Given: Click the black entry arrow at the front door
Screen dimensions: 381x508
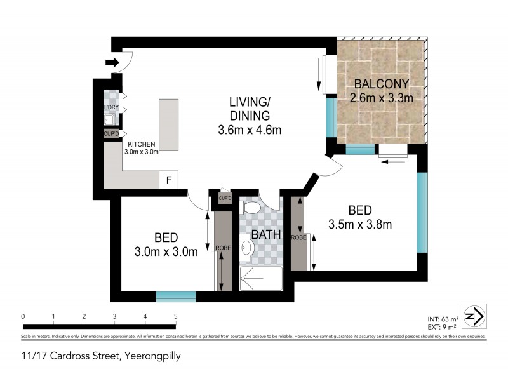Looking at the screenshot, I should tap(112, 62).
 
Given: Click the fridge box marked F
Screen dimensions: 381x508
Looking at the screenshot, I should tap(168, 180).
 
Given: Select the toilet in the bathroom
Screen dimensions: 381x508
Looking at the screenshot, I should tap(251, 209).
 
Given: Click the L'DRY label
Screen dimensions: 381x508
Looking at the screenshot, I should tap(110, 108).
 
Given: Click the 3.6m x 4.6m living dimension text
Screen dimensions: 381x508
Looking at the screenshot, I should tap(248, 130).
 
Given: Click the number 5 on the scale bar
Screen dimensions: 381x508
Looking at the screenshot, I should tap(175, 316).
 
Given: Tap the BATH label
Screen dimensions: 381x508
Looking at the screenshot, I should tap(267, 235).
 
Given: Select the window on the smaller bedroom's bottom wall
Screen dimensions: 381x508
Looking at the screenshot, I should tap(176, 295).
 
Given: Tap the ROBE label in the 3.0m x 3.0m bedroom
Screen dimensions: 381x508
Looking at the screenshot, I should tap(222, 248).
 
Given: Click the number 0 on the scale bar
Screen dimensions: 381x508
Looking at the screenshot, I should tap(22, 316).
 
